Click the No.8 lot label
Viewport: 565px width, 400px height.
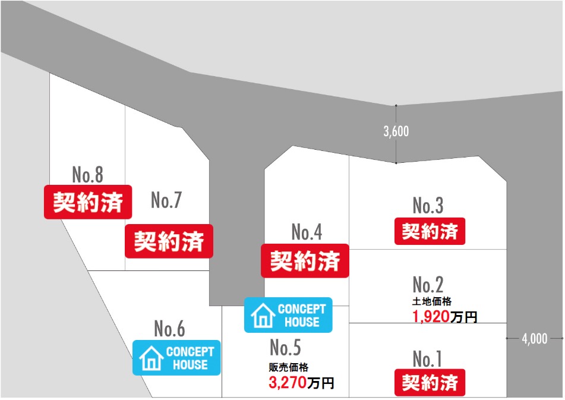pos(87,175)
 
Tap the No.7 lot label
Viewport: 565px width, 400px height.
pos(166,200)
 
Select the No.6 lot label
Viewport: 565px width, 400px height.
pos(169,329)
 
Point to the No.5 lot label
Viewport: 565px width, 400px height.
pos(285,347)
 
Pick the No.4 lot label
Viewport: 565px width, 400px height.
pos(307,232)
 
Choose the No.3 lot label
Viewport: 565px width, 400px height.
pos(428,206)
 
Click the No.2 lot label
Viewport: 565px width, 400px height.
pos(428,285)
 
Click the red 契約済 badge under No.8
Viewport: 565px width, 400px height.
pos(88,202)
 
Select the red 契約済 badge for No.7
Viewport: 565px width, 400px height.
pos(169,241)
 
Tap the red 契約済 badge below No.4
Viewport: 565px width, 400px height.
pos(305,261)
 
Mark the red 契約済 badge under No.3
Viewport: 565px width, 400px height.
pos(430,231)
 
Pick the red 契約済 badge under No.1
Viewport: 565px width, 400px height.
pos(430,382)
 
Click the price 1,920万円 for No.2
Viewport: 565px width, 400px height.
pos(445,317)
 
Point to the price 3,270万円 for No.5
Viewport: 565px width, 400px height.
pos(301,382)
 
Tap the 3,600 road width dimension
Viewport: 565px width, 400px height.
pos(396,131)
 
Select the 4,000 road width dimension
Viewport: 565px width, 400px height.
pos(535,339)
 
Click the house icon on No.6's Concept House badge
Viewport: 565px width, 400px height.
pos(151,358)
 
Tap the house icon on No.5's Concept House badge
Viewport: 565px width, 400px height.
pos(263,316)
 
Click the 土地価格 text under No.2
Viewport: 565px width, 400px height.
pos(432,301)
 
